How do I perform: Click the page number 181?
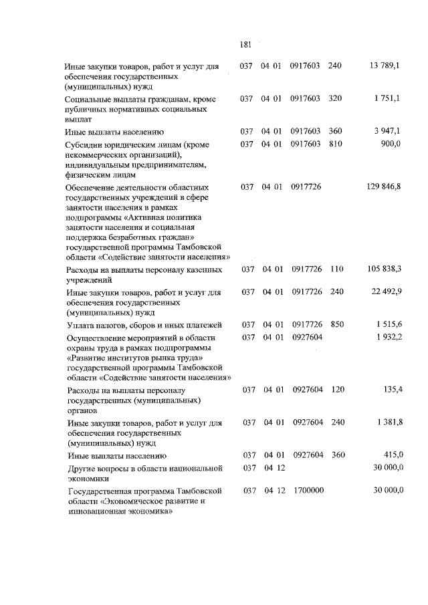(245, 45)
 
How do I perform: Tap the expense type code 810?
(336, 144)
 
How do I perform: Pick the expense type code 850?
(337, 324)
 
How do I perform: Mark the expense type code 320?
(336, 99)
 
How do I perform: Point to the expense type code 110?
(336, 269)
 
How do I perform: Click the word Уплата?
(81, 325)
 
